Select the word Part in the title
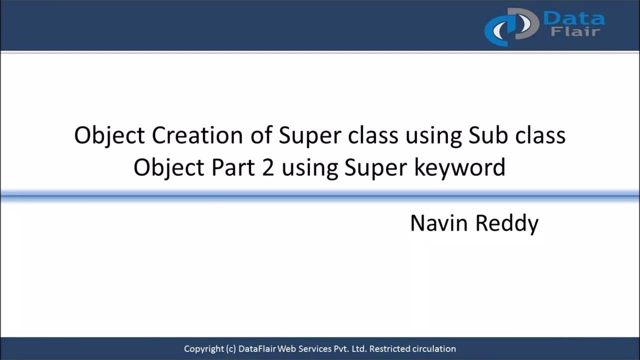pos(231,167)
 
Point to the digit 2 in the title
pos(267,167)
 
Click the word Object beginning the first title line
pos(109,136)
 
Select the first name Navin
pos(438,223)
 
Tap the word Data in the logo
pos(574,19)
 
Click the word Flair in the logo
pos(575,32)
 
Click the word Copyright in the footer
pos(204,349)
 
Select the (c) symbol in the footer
pos(231,349)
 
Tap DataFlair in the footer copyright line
pos(258,349)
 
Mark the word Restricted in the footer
pos(389,349)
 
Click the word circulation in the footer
pos(434,349)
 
